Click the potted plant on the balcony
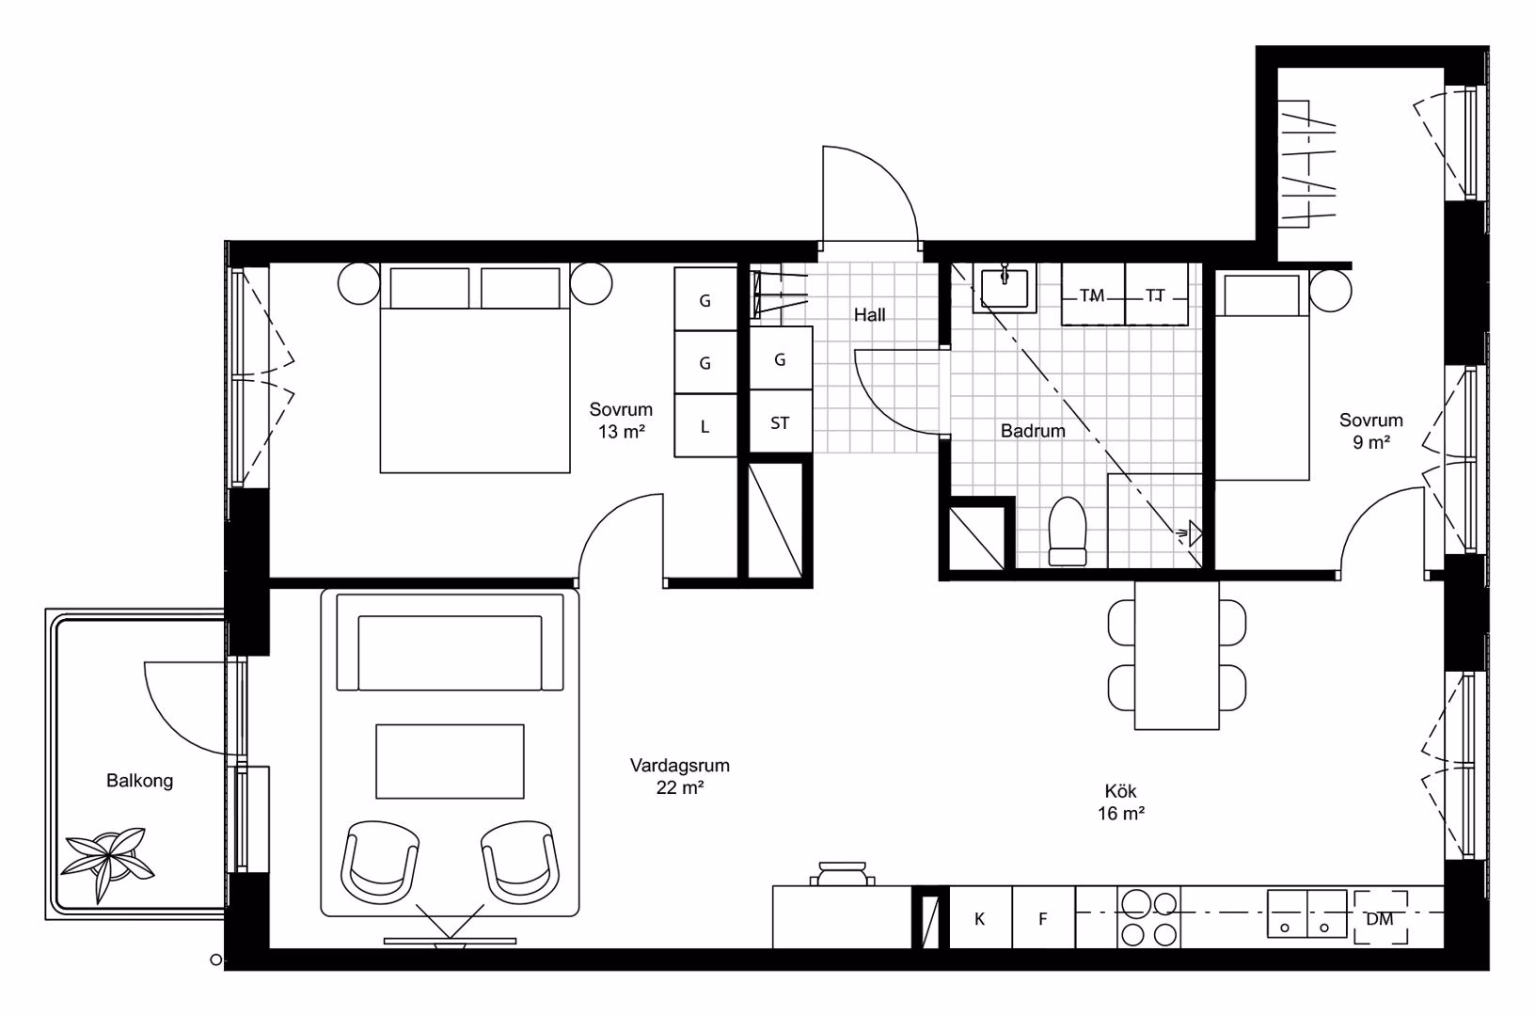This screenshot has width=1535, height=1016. [x=107, y=863]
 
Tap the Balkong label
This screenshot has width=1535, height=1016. [x=140, y=780]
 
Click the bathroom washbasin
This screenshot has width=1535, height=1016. [x=1004, y=288]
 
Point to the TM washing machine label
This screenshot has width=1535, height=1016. [x=1092, y=295]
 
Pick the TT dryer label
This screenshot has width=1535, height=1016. [x=1155, y=295]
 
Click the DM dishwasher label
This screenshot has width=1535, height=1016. [x=1380, y=919]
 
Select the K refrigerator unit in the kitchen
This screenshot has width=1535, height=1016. [x=980, y=918]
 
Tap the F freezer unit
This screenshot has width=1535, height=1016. [x=1043, y=918]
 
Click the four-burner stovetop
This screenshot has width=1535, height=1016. [x=1148, y=918]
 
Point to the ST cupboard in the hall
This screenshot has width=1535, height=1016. [x=781, y=421]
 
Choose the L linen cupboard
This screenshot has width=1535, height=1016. [x=705, y=426]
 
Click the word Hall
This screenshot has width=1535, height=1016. [x=869, y=314]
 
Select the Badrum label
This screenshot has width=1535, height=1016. [x=1033, y=431]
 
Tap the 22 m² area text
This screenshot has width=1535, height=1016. [x=680, y=787]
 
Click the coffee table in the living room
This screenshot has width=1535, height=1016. [x=450, y=761]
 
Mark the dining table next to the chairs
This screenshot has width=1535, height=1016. [x=1177, y=656]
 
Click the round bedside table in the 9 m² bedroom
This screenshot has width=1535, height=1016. [x=1330, y=291]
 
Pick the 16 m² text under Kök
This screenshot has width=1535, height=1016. [x=1121, y=813]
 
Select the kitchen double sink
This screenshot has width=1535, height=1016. [x=1306, y=913]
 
